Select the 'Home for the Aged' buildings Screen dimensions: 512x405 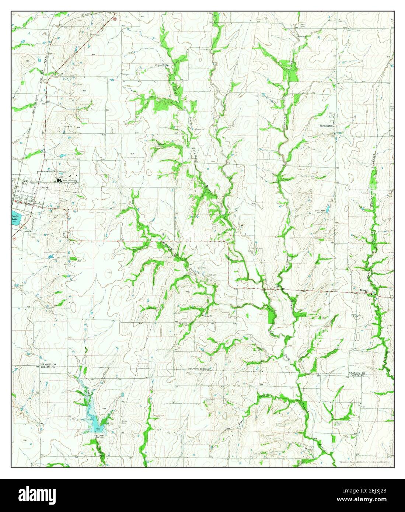coord(60,180)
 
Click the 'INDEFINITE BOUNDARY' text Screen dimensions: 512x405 coord(199,369)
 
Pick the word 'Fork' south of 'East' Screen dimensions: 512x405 coord(288,356)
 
